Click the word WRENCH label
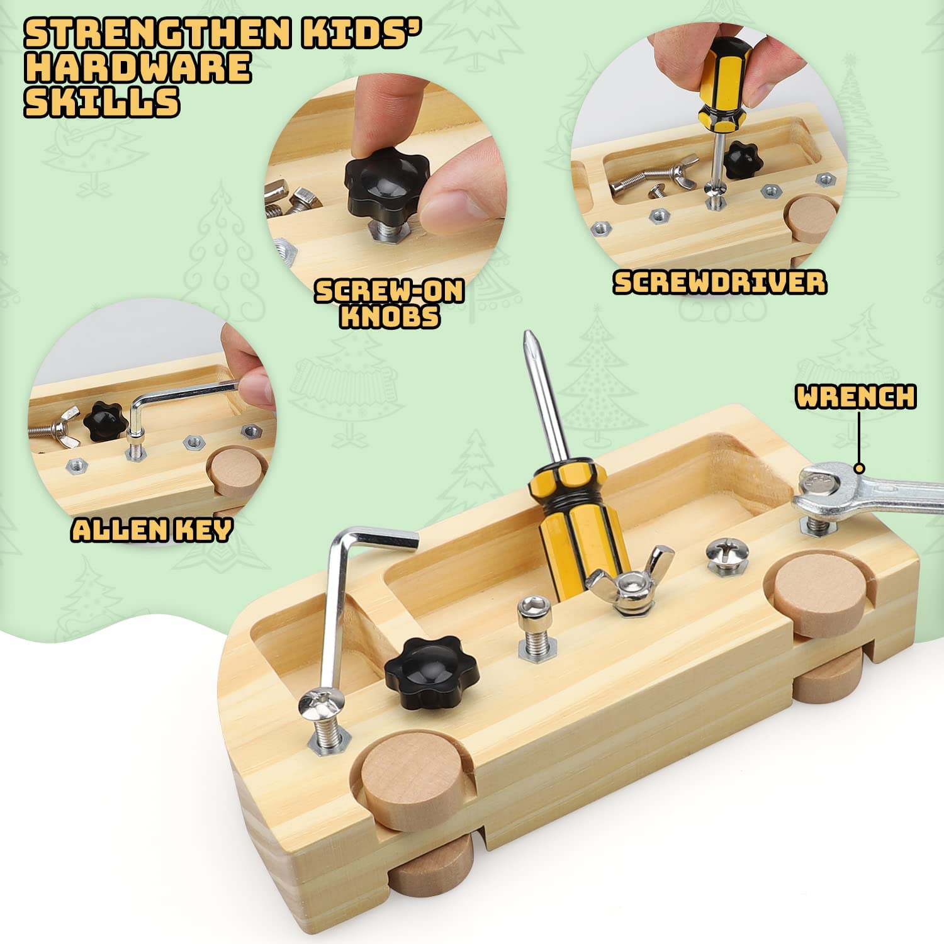855,397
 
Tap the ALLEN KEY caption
152,530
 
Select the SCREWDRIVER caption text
719,283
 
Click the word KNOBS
390,316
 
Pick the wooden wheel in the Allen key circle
233,476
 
